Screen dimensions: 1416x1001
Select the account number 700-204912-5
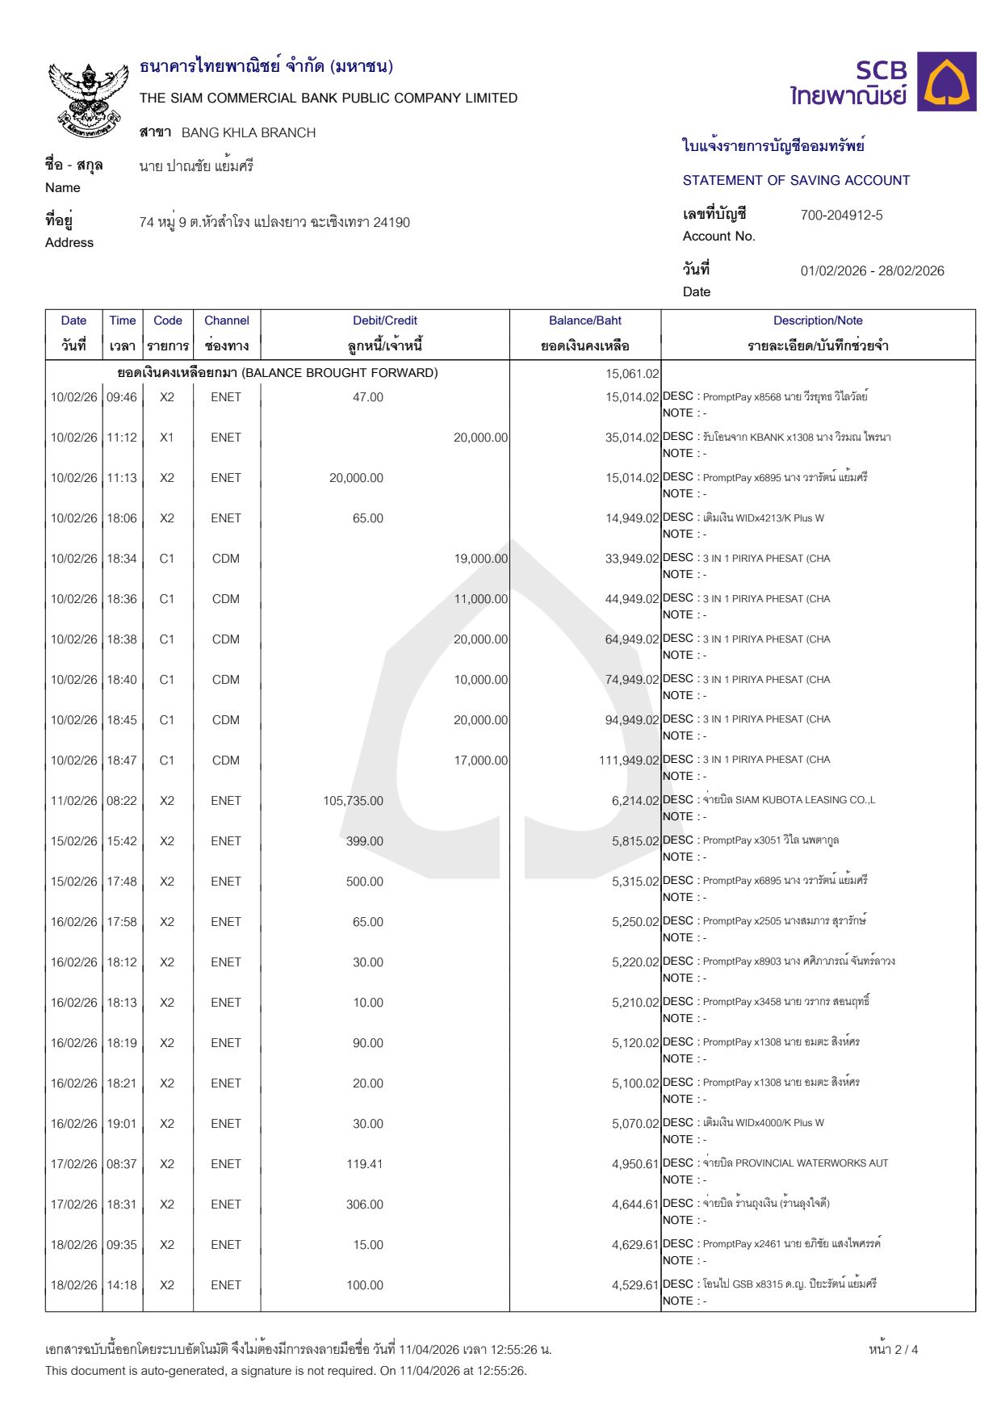(x=841, y=215)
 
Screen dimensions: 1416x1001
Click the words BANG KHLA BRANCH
(x=249, y=132)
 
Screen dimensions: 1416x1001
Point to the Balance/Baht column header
(x=585, y=320)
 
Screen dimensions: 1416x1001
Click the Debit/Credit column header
(x=385, y=320)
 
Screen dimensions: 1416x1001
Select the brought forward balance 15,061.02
(x=632, y=373)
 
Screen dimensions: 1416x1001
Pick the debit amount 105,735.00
(x=353, y=801)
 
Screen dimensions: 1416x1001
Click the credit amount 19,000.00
(x=480, y=559)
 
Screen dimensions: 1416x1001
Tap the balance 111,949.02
(x=629, y=760)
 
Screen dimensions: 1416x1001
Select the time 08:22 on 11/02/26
(x=122, y=801)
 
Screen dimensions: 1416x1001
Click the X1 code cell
(x=167, y=438)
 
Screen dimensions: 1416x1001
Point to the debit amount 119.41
(x=364, y=1164)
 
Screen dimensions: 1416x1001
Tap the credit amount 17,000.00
(x=480, y=760)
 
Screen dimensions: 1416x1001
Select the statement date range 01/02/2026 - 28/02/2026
(x=872, y=270)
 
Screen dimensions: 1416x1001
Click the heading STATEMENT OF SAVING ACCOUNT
(x=796, y=180)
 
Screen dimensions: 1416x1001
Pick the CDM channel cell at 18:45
(x=226, y=720)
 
